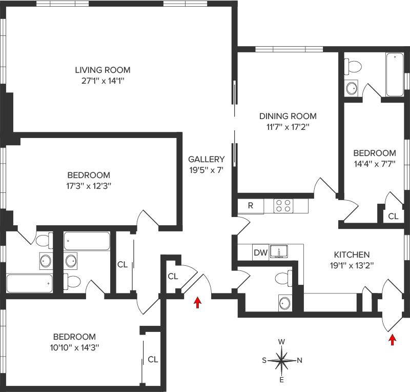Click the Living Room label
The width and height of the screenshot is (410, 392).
(x=102, y=70)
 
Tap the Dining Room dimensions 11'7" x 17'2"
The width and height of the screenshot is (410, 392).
(x=287, y=126)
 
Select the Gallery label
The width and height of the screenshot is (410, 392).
(x=206, y=159)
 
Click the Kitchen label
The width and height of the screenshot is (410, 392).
(x=352, y=254)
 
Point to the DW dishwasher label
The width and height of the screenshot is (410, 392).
(x=260, y=252)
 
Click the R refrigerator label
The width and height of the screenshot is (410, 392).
(x=251, y=206)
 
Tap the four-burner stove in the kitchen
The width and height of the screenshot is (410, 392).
(x=283, y=206)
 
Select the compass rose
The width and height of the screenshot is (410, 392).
(x=282, y=360)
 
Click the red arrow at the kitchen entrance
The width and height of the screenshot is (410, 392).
(x=393, y=339)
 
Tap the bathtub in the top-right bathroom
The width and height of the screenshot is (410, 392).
(x=395, y=74)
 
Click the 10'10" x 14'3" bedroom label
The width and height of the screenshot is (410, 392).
(x=75, y=337)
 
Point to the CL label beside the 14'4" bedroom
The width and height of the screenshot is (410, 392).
(x=393, y=217)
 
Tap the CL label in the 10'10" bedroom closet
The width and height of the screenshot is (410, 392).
(x=153, y=359)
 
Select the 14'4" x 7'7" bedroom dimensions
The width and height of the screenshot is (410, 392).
(x=375, y=164)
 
